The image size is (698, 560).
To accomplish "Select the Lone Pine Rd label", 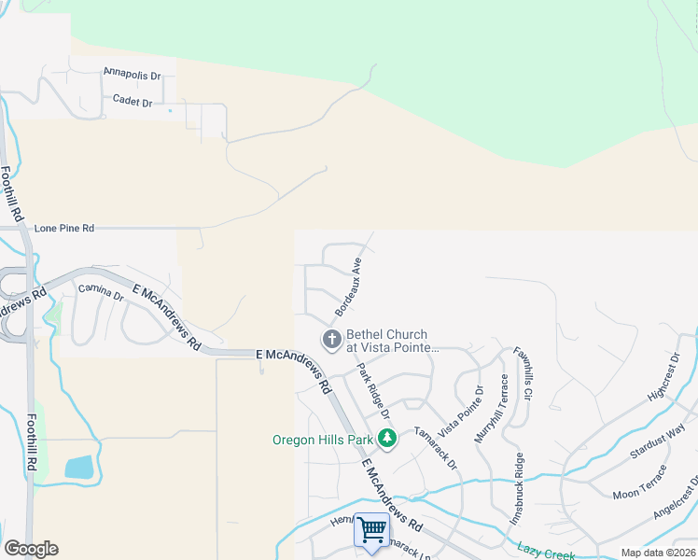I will [x=64, y=228].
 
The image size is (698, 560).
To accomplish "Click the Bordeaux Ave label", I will [x=348, y=286].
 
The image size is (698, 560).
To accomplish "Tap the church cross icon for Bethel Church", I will [x=331, y=340].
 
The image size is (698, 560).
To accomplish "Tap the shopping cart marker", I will [x=371, y=530].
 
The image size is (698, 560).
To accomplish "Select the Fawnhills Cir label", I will [x=521, y=374].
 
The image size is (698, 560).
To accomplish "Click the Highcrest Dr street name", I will [x=663, y=378].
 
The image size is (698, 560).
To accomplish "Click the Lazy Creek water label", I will [x=545, y=549].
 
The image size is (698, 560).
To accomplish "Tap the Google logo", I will [x=31, y=549].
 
